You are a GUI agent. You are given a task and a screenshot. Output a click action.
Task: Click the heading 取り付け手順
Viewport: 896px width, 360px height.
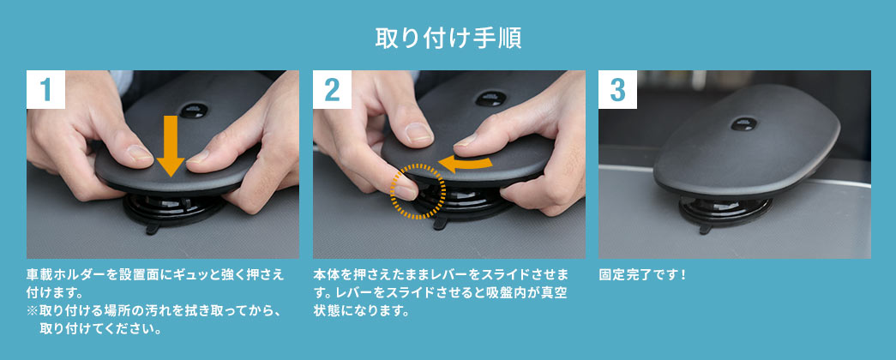[x=448, y=39]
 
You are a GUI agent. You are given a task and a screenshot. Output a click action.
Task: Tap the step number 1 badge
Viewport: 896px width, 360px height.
[x=45, y=89]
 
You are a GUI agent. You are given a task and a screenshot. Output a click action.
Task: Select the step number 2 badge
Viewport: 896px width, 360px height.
[x=332, y=89]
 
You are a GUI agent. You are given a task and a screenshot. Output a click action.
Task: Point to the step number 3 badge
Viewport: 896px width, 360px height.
[x=617, y=89]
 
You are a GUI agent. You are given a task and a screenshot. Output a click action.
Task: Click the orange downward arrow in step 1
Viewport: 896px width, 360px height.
[x=171, y=146]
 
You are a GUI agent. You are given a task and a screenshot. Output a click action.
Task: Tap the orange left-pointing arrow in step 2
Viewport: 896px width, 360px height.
[x=471, y=164]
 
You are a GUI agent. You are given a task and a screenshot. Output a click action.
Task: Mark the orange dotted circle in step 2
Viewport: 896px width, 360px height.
[x=418, y=191]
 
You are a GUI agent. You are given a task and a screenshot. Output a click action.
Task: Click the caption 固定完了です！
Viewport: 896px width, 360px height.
[x=641, y=274]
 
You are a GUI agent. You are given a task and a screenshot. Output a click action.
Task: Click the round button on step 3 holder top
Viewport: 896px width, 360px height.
[x=743, y=123]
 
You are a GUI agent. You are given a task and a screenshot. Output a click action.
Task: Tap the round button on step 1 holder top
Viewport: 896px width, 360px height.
[x=195, y=110]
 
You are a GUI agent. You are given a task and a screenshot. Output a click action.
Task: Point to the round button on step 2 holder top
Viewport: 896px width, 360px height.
[x=490, y=99]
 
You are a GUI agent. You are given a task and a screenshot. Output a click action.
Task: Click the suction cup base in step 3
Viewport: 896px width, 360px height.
[x=725, y=213]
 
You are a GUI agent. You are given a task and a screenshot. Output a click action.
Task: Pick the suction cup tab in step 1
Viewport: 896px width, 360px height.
[x=154, y=229]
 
